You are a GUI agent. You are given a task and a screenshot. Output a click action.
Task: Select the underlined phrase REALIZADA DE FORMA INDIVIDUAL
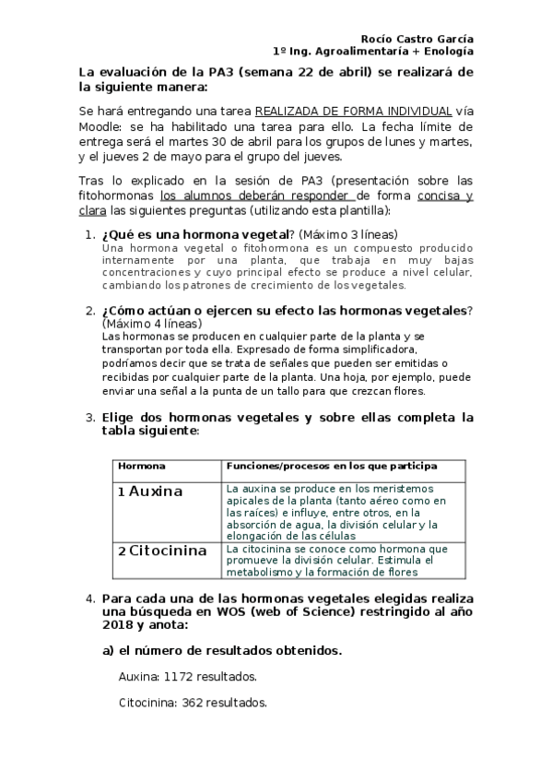point(353,110)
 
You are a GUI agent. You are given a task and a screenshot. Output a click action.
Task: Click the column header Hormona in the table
point(141,467)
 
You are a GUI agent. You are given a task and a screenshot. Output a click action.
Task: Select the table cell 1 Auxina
point(150,492)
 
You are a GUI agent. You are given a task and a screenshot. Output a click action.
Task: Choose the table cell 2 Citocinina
point(162,551)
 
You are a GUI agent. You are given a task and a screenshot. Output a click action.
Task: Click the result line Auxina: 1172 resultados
point(187,677)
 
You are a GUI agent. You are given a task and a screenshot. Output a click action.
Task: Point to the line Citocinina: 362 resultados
point(193,704)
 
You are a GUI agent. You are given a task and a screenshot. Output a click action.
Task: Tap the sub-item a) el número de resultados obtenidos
point(221,650)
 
